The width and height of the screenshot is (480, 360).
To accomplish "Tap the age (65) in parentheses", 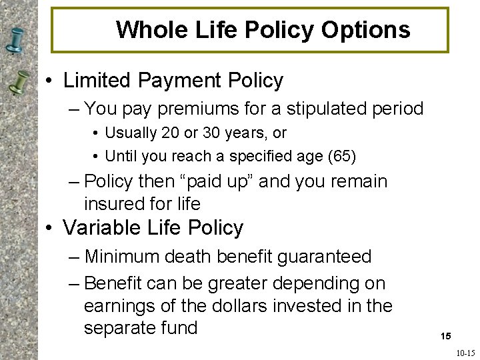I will click(x=342, y=157).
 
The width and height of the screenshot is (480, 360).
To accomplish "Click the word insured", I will click(x=117, y=203).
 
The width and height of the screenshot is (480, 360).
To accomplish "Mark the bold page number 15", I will click(x=445, y=337).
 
